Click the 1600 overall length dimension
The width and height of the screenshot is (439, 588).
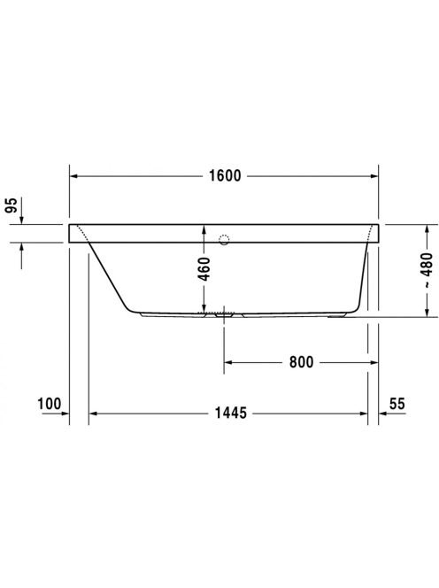pyautogui.click(x=225, y=176)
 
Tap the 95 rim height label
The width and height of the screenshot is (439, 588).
pyautogui.click(x=12, y=205)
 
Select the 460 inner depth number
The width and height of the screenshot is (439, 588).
pyautogui.click(x=204, y=269)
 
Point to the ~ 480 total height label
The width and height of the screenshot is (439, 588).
pyautogui.click(x=427, y=270)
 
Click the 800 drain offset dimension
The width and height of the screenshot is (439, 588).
pyautogui.click(x=302, y=362)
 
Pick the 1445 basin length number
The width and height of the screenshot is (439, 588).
pyautogui.click(x=230, y=413)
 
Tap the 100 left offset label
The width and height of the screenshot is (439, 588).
pyautogui.click(x=49, y=404)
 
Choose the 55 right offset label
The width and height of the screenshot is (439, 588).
pyautogui.click(x=397, y=404)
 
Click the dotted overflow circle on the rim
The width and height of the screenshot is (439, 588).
pyautogui.click(x=224, y=240)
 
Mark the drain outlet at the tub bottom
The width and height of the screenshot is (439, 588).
pyautogui.click(x=224, y=315)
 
